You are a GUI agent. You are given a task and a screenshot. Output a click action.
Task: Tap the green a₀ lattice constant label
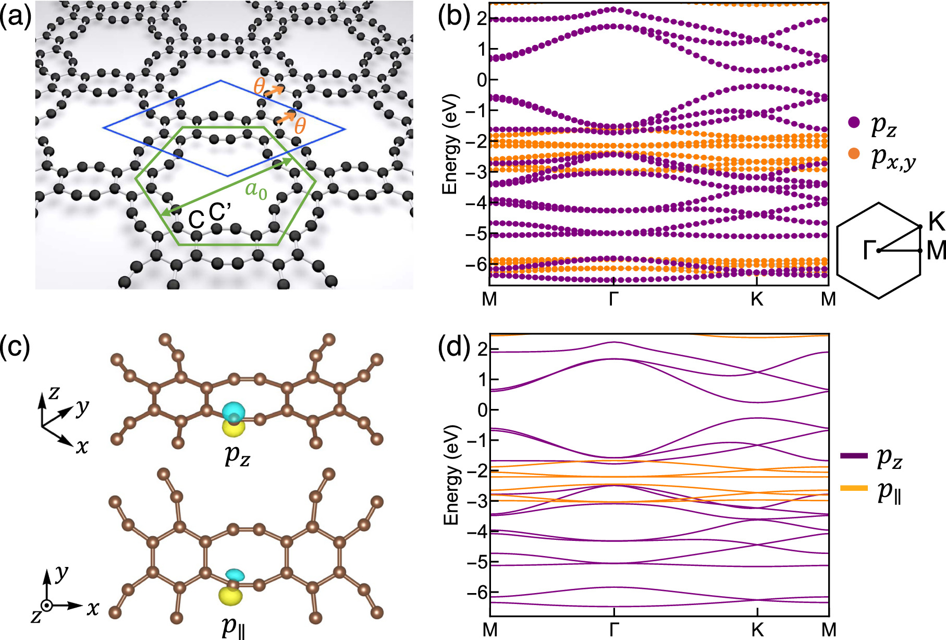pyautogui.click(x=256, y=190)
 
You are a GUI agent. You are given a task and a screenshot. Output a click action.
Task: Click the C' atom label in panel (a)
pyautogui.click(x=219, y=213)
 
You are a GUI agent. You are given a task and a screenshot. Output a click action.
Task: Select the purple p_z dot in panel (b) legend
pyautogui.click(x=854, y=123)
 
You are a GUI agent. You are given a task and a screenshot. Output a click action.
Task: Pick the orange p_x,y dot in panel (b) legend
pyautogui.click(x=854, y=154)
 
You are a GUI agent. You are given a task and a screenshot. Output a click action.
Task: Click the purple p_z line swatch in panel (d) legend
pyautogui.click(x=854, y=456)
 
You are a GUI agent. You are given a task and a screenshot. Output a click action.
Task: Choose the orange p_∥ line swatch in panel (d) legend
pyautogui.click(x=854, y=488)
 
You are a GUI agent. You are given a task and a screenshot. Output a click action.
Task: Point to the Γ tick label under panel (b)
pyautogui.click(x=614, y=299)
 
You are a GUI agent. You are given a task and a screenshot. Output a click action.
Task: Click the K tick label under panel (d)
pyautogui.click(x=757, y=630)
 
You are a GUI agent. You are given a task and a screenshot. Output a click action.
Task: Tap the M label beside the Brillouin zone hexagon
pyautogui.click(x=936, y=251)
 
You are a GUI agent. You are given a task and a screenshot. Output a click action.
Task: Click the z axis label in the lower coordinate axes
pyautogui.click(x=36, y=617)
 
